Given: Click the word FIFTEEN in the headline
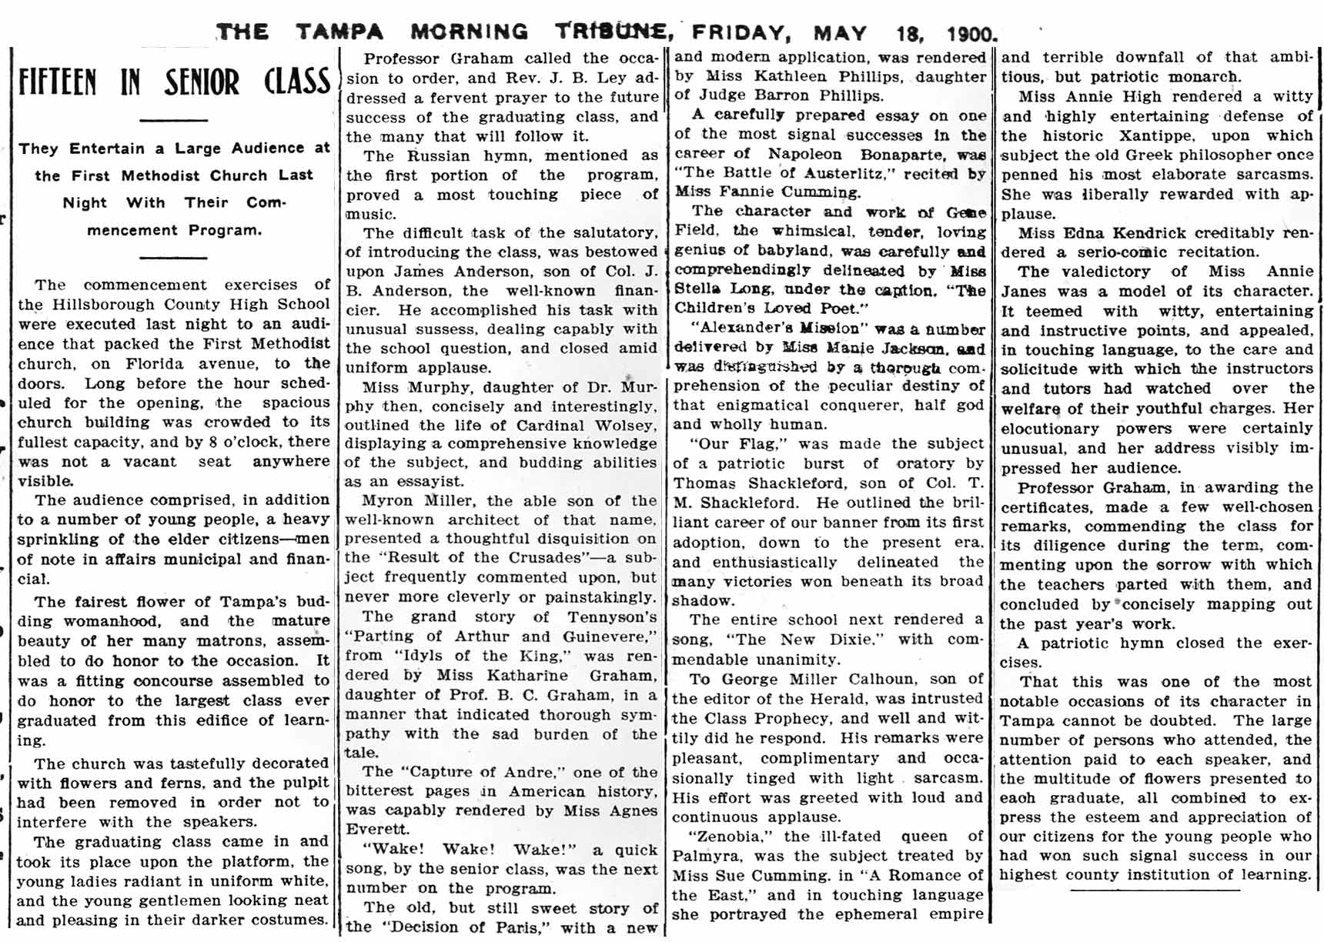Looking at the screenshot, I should [58, 82].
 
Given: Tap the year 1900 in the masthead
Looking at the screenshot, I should [971, 34].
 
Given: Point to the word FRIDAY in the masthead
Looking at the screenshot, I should [741, 33].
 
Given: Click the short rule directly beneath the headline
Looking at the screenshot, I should [173, 120].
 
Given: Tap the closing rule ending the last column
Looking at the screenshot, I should [1155, 890].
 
